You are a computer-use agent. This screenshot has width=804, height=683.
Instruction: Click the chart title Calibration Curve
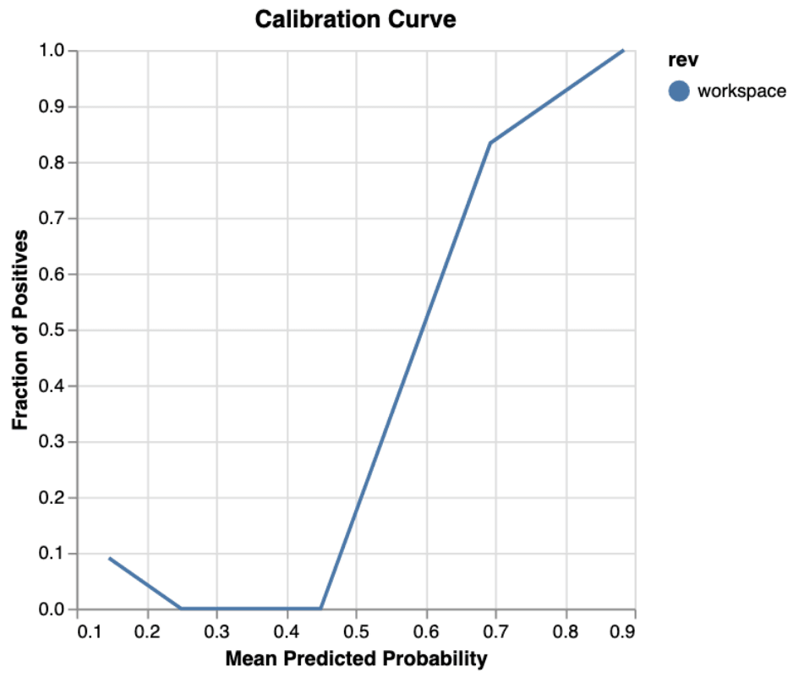pos(355,19)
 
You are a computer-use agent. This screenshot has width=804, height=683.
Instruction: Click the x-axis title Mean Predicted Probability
pos(356,658)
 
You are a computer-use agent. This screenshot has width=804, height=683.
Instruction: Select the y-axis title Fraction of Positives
pos(20,330)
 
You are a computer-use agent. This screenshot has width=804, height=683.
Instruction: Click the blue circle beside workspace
pos(679,90)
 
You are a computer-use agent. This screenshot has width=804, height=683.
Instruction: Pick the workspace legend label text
pos(741,90)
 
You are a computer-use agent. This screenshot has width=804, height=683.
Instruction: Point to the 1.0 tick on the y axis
pos(52,51)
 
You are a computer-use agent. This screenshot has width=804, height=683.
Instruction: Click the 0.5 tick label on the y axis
pos(52,330)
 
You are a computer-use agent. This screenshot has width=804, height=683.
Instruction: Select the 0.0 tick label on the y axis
pos(52,609)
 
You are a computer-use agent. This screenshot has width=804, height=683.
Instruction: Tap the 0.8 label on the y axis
pos(52,162)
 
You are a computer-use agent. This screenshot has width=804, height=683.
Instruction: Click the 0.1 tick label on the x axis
pos(78,631)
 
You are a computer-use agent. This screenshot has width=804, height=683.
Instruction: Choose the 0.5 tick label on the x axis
pos(356,631)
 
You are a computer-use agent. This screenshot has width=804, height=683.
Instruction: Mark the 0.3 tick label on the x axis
pos(217,631)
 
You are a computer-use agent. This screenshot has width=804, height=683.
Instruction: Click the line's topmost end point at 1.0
pos(623,51)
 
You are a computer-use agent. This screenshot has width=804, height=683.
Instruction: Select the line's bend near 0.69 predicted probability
pos(490,142)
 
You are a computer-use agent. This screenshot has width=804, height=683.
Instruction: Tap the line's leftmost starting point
pos(109,558)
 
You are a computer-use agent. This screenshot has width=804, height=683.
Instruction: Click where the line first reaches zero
pos(181,609)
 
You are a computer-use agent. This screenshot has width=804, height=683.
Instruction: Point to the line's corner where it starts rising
pos(321,609)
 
